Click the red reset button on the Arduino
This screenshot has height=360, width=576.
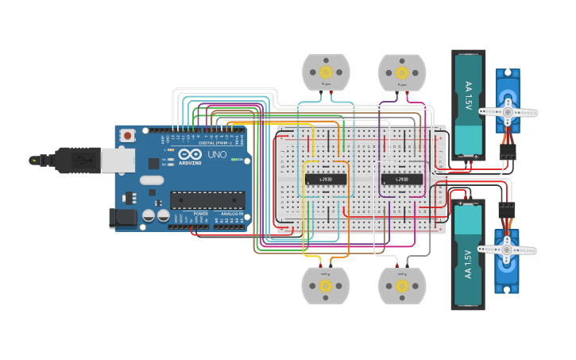(x=127, y=137)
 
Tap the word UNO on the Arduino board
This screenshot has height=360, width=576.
(x=217, y=154)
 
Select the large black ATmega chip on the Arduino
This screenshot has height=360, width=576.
(x=207, y=199)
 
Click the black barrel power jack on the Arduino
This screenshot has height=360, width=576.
(x=121, y=216)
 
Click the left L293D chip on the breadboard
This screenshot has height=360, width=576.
(x=326, y=178)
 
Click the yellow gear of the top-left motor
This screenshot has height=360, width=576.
(x=326, y=72)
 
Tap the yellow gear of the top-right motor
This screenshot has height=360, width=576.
(x=401, y=72)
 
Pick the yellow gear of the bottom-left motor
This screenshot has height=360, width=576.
(x=326, y=285)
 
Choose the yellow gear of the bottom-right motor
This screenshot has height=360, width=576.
(x=401, y=285)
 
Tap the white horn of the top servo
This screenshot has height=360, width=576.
(x=507, y=112)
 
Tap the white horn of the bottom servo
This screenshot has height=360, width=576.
(x=507, y=250)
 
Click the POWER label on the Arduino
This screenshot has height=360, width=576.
(x=201, y=214)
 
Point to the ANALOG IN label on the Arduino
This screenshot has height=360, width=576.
(x=231, y=214)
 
